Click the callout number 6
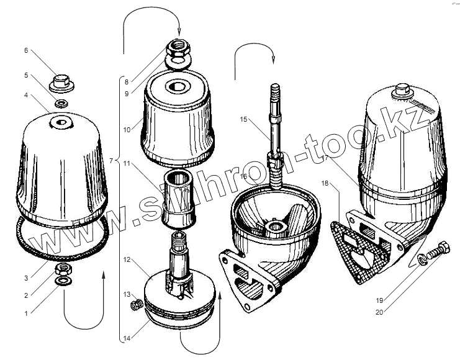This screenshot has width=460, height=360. point(25,50)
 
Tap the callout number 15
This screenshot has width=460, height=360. point(243,119)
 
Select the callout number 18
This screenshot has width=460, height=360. point(326,184)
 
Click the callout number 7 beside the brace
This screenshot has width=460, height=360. point(112,161)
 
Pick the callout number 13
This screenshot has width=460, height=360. point(126,294)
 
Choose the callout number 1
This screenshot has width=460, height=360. point(26,313)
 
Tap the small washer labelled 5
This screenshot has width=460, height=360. point(61,102)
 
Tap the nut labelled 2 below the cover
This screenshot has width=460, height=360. point(63,268)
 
